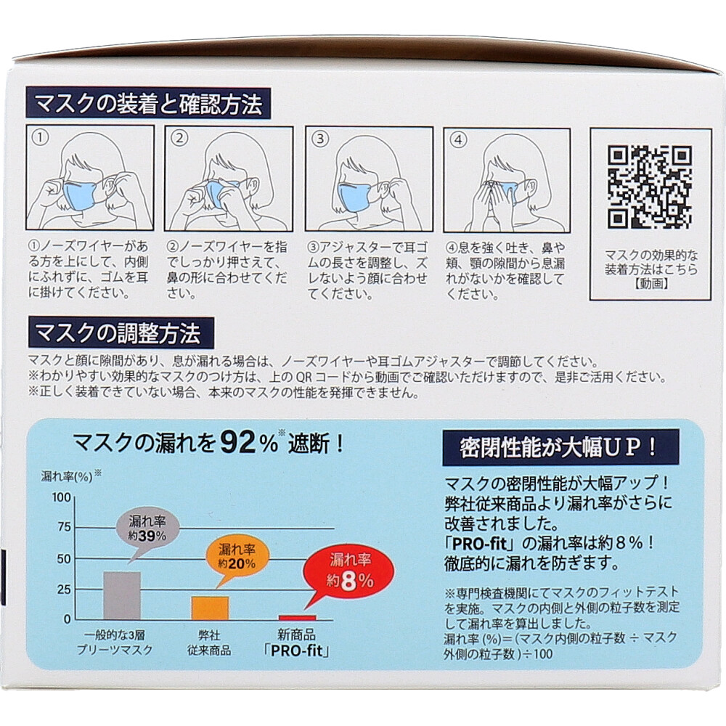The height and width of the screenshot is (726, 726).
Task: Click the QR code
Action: [x=650, y=187]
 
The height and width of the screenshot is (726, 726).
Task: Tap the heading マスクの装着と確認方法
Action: [x=148, y=104]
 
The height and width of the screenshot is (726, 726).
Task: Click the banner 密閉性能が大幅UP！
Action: [x=560, y=448]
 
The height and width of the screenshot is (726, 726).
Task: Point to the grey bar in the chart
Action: [x=122, y=595]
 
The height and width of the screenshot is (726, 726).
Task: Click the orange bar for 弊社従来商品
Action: [x=211, y=608]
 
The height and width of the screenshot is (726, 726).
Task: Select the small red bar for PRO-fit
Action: [x=297, y=618]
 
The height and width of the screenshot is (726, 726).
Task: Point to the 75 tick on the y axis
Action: [x=65, y=527]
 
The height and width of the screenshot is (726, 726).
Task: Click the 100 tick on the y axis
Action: [x=61, y=497]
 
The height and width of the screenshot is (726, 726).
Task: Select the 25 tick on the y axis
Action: [x=65, y=590]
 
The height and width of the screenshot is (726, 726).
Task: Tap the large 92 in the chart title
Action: [x=238, y=443]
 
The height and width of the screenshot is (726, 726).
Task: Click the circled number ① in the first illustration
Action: [x=41, y=137]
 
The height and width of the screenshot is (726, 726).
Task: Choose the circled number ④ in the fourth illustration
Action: [x=458, y=139]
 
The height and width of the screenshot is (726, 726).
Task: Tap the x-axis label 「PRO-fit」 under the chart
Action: [x=297, y=650]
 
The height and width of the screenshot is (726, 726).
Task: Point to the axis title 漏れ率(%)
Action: [x=67, y=476]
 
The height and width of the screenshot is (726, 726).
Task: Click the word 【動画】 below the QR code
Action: [x=651, y=283]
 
